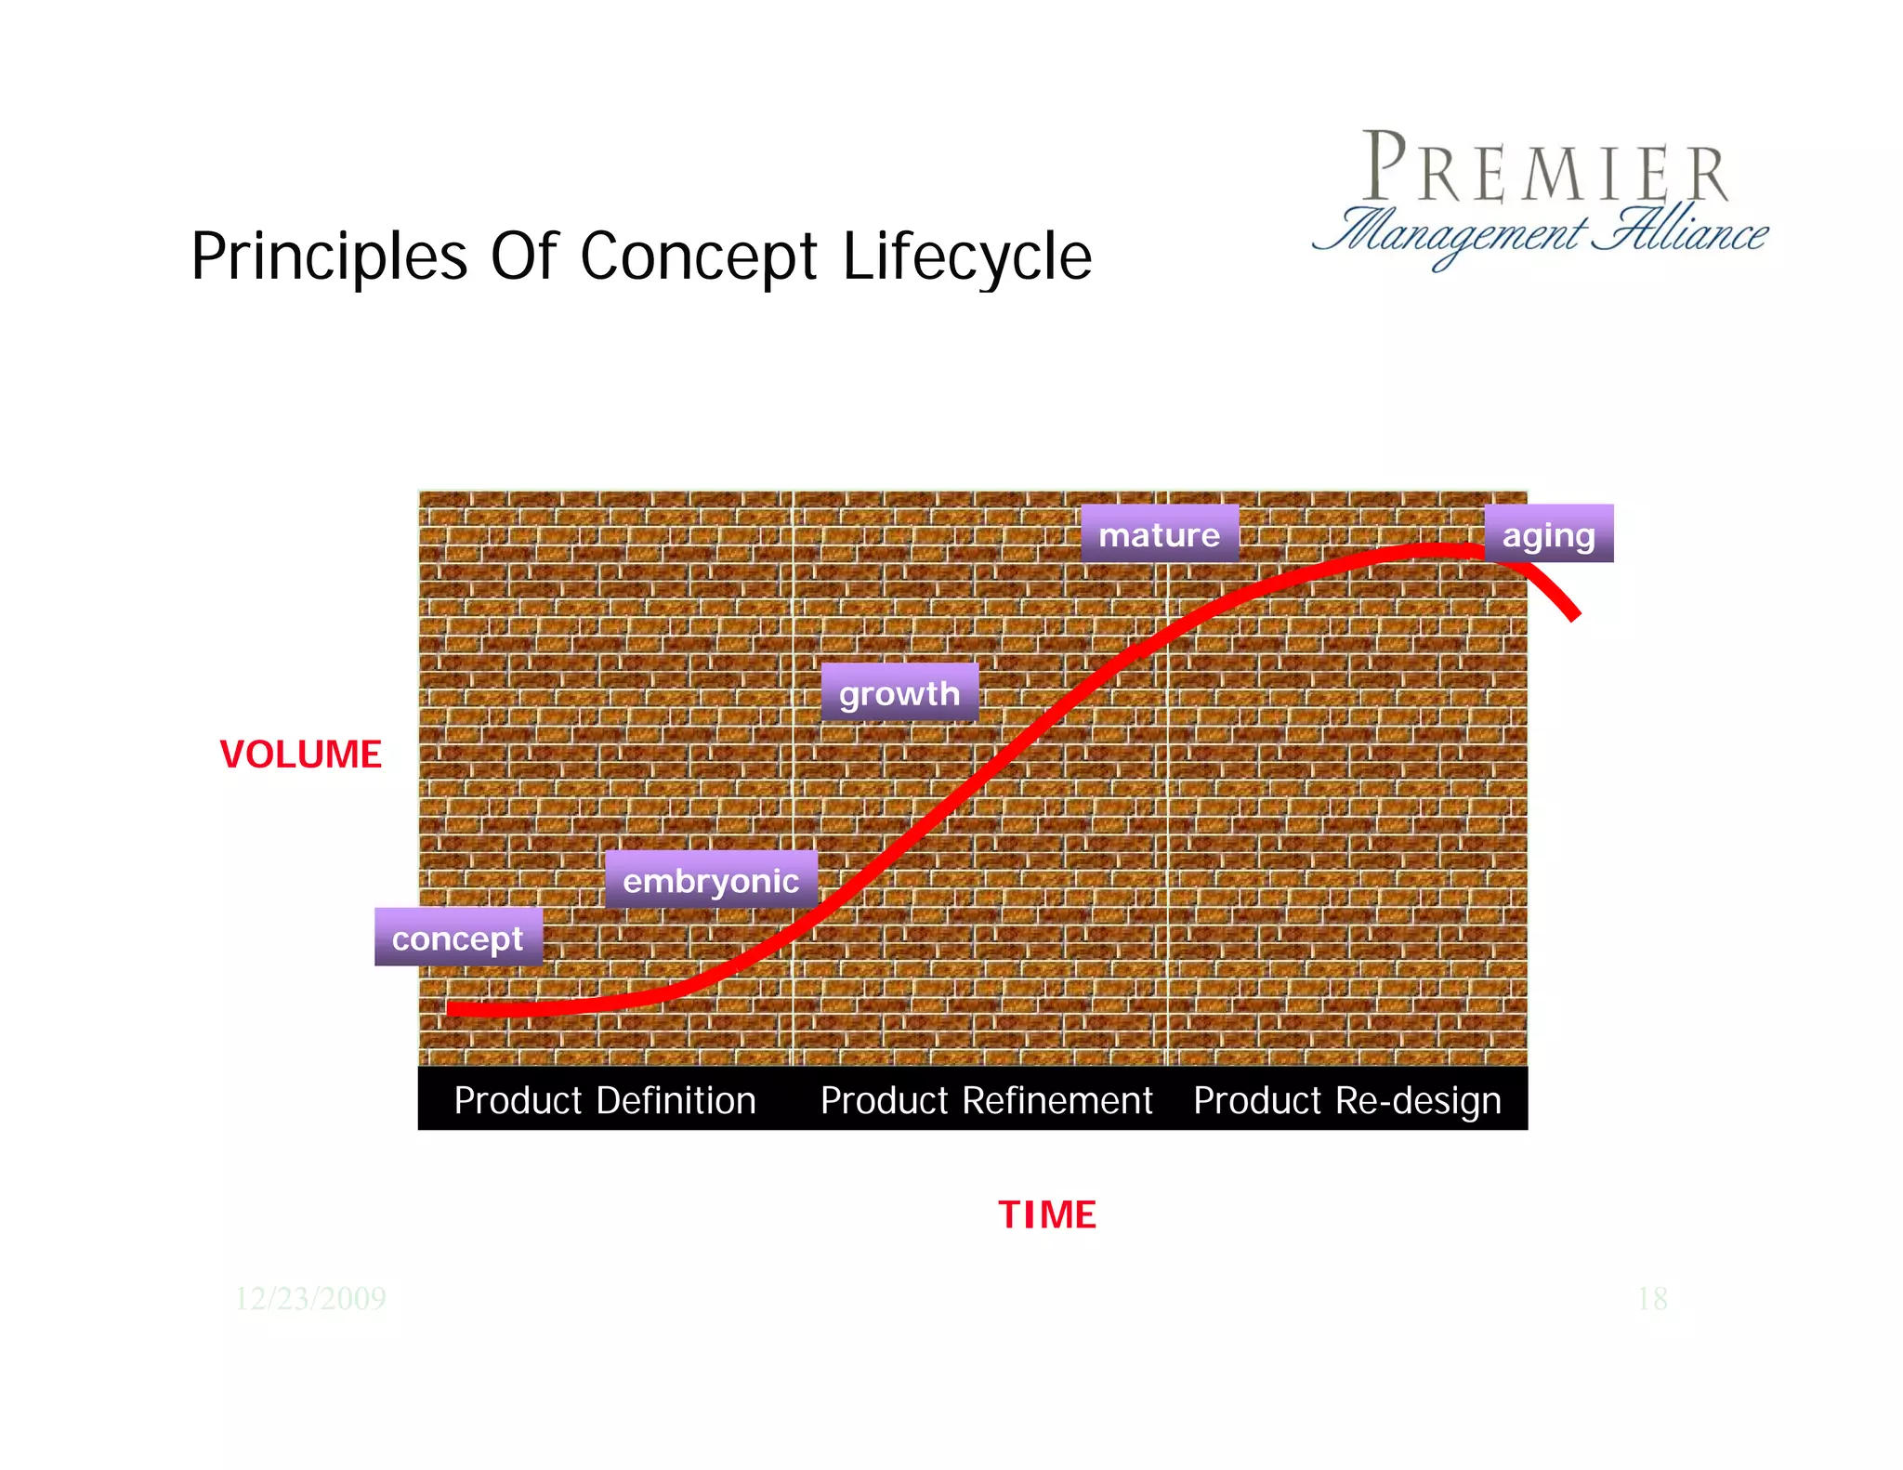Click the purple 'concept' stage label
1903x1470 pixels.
click(458, 938)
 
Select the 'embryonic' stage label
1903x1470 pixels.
click(711, 880)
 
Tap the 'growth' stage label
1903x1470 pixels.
click(899, 693)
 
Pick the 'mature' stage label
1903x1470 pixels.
click(1159, 534)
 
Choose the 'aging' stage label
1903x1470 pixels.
click(1548, 534)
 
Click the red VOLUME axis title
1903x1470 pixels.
click(300, 755)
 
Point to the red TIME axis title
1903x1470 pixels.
click(1047, 1214)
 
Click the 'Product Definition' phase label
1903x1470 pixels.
click(605, 1100)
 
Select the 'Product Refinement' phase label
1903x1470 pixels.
click(986, 1100)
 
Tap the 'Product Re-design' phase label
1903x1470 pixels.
click(1346, 1100)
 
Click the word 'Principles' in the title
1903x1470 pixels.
click(329, 257)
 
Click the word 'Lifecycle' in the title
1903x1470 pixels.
click(967, 257)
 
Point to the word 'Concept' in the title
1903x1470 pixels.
click(699, 257)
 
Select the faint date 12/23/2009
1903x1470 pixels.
click(310, 1298)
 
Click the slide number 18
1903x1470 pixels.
click(1652, 1298)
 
